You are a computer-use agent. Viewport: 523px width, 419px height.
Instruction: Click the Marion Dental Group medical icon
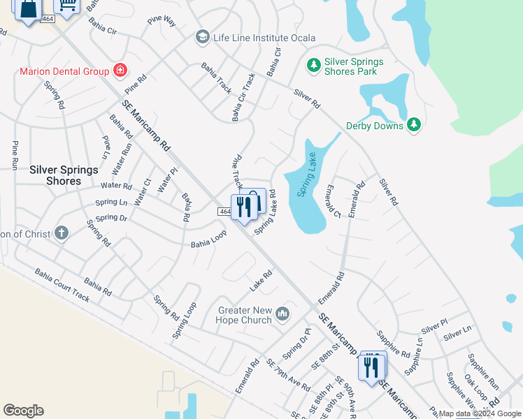pos(120,71)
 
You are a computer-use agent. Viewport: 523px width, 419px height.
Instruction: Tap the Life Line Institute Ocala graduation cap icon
pos(203,37)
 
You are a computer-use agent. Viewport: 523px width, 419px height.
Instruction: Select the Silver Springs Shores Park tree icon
pos(314,66)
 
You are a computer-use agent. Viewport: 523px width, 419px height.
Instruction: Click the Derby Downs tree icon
pos(415,125)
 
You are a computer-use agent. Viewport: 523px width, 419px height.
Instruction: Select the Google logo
pos(23,410)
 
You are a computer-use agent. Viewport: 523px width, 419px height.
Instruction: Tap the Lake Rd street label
pos(260,281)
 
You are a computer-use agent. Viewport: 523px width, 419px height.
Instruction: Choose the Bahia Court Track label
pos(62,286)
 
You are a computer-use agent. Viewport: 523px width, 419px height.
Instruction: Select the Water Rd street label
pos(116,186)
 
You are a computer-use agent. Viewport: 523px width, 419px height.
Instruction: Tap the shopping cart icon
pos(68,4)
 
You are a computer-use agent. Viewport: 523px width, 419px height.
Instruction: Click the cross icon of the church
pos(62,233)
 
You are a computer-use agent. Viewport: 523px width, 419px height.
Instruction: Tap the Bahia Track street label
pos(215,78)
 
